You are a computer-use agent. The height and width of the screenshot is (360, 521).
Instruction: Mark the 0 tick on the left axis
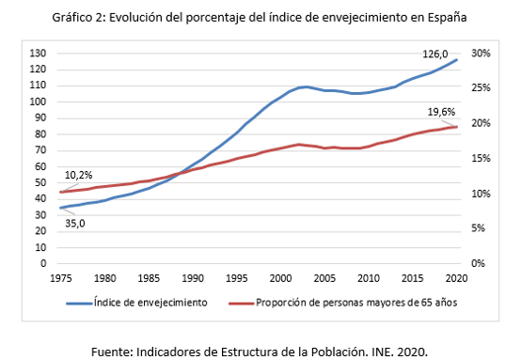pyautogui.click(x=43, y=263)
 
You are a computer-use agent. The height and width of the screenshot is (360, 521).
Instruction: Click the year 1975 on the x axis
pyautogui.click(x=61, y=278)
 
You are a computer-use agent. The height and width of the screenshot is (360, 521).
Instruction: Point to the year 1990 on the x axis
pyautogui.click(x=193, y=278)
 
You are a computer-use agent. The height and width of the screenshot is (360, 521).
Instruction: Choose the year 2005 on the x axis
pyautogui.click(x=324, y=278)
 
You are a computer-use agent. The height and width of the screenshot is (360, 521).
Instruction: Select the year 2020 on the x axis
pyautogui.click(x=456, y=278)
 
